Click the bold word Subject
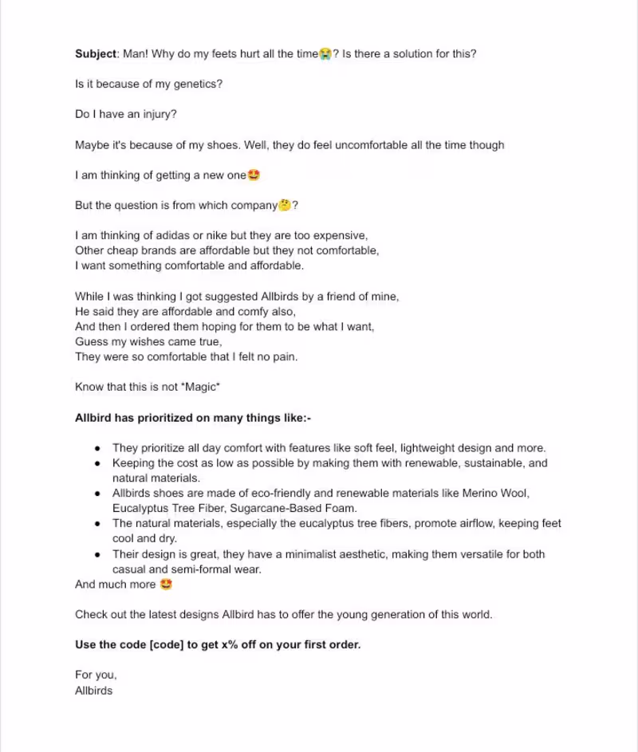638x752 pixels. (96, 54)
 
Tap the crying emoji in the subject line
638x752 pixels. (325, 54)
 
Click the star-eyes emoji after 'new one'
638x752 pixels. (254, 175)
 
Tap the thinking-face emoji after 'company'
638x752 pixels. (285, 205)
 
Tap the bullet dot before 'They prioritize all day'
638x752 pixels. (96, 448)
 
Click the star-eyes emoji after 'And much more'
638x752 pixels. (166, 584)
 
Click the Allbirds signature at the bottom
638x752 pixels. (94, 691)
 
